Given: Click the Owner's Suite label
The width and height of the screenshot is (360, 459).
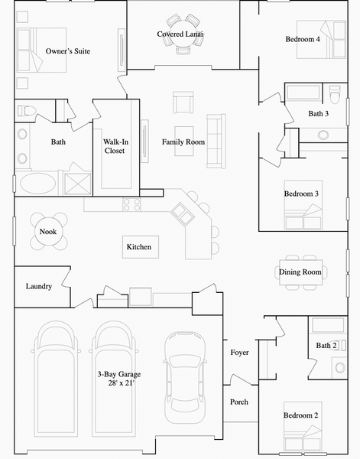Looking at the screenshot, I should tap(68, 51).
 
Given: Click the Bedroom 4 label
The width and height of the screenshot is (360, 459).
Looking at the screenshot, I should tap(303, 40).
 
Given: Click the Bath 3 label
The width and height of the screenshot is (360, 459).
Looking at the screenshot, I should tap(319, 114).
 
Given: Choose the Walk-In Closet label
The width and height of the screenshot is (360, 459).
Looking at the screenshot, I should tap(115, 146).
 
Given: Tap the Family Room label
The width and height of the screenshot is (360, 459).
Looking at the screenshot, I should tap(183, 142).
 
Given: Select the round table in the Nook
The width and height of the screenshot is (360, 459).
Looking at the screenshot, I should tap(48, 232).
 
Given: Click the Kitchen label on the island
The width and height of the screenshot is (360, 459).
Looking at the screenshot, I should tap(139, 247).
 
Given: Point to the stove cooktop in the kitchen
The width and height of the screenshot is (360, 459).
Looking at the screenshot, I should tap(132, 204).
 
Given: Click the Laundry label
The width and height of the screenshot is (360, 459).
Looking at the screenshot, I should tap(38, 287).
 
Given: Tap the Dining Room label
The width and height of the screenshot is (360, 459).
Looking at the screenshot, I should tap(300, 272).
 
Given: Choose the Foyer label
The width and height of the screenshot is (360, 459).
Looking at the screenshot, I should tap(239, 353).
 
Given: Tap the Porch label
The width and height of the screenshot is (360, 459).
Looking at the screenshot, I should tap(239, 402).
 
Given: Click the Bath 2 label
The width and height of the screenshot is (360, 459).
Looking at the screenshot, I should tap(326, 346).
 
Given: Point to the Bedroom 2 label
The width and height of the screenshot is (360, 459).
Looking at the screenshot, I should tap(301, 415).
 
